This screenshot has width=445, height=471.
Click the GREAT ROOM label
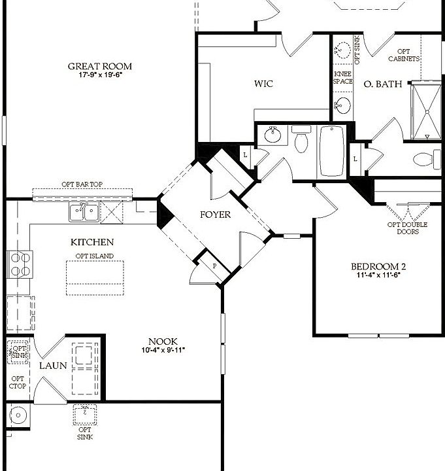point(100,66)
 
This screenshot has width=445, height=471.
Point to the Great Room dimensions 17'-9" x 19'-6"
point(100,75)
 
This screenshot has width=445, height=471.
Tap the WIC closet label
point(263,84)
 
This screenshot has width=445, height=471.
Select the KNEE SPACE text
point(343,78)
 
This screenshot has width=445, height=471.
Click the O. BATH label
point(376,83)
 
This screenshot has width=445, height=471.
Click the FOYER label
point(215,215)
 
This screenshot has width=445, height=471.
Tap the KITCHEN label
point(92,242)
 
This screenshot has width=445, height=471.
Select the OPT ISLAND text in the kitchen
point(94,256)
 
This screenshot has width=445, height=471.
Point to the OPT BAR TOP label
point(82,185)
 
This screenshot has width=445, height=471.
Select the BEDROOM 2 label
point(378,266)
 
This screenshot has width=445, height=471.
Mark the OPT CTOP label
point(17,383)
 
